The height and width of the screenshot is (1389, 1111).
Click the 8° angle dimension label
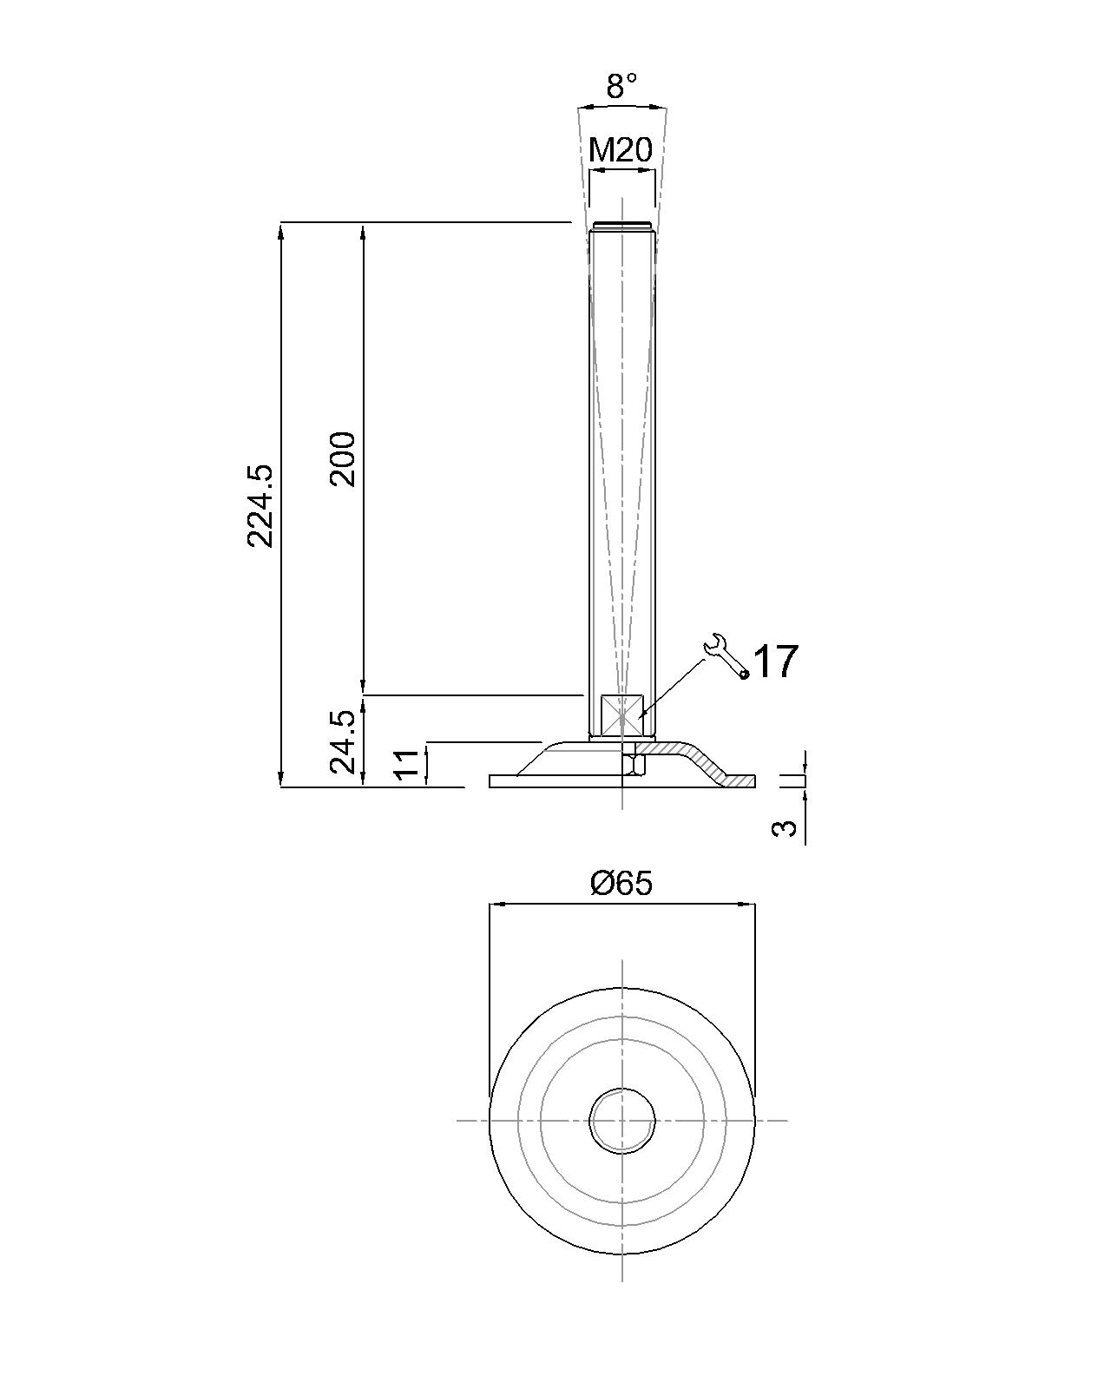point(621,86)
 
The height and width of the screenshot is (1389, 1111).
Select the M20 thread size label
point(621,150)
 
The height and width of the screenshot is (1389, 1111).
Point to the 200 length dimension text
point(342,459)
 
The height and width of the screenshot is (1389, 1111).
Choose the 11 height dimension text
point(407,764)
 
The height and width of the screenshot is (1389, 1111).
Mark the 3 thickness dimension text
point(785,828)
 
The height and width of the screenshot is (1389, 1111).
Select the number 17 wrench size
point(776,662)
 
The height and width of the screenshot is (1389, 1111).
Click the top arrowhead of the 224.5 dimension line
point(281,230)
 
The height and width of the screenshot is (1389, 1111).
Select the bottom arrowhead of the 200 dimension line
point(364,688)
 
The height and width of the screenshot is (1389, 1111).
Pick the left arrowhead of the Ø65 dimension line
point(497,905)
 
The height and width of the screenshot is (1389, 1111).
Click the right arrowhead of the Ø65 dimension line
point(747,905)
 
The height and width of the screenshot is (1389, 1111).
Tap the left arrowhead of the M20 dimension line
point(598,171)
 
